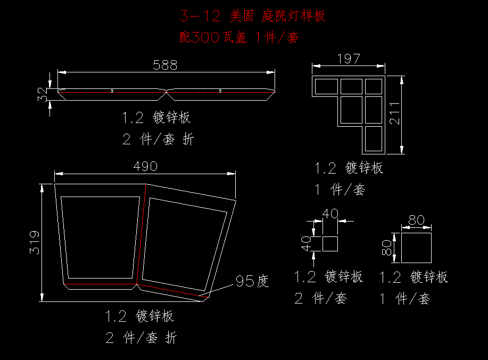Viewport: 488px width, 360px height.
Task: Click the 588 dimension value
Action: [x=165, y=65]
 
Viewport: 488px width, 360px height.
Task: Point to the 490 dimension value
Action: [x=145, y=166]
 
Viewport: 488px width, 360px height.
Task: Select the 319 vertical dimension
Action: [x=34, y=242]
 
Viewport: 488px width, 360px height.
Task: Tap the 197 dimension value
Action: [x=349, y=59]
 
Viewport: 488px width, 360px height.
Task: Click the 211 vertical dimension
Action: [x=394, y=114]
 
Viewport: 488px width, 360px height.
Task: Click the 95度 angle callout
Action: [x=252, y=281]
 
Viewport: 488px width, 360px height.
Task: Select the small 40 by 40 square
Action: [x=330, y=244]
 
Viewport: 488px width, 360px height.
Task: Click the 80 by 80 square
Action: [x=416, y=247]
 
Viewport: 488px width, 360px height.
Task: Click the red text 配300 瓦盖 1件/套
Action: [x=239, y=37]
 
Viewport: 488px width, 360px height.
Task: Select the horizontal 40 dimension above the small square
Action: [x=330, y=214]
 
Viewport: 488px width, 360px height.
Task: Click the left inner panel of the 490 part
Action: [x=100, y=237]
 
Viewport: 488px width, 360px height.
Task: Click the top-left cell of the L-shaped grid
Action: [x=326, y=86]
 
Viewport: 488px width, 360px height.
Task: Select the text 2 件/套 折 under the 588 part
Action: [x=158, y=140]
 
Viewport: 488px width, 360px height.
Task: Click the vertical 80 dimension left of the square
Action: [x=387, y=248]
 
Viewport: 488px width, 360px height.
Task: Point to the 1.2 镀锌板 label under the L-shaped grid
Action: [x=349, y=168]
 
